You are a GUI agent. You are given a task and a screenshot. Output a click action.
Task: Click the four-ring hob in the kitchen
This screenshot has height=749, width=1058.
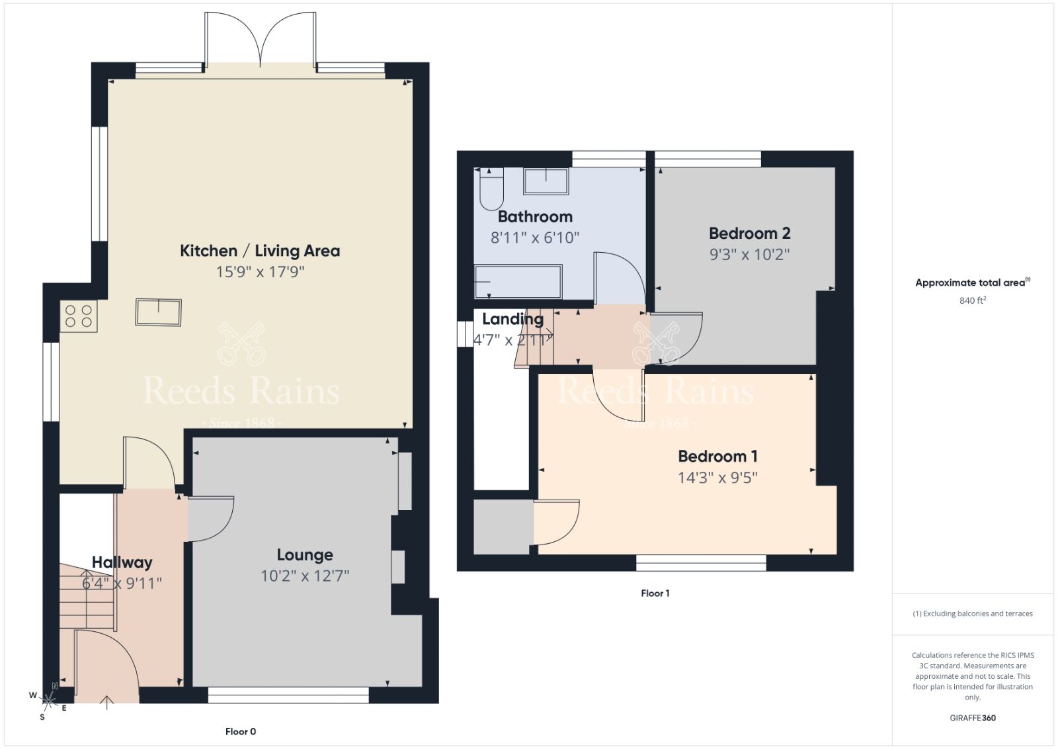[x=79, y=316]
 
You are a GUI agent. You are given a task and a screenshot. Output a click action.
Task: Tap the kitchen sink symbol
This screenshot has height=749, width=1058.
[x=158, y=312]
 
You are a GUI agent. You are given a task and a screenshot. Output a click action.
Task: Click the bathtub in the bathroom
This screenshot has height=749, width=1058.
[x=518, y=281]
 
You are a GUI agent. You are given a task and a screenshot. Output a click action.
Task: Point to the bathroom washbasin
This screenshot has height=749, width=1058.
[x=546, y=181]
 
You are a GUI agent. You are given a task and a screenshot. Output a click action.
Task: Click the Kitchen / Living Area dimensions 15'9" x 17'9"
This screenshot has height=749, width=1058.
[x=260, y=272]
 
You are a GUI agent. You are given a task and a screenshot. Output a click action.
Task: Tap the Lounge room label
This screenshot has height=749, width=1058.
[x=305, y=555]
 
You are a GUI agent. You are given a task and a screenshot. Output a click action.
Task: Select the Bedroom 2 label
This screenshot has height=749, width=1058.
[x=749, y=234]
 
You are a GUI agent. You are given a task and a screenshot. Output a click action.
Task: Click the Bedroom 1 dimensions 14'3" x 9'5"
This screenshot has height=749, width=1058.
[x=717, y=478]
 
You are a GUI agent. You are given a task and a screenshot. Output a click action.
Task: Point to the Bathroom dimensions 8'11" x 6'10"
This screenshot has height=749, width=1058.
[x=535, y=238]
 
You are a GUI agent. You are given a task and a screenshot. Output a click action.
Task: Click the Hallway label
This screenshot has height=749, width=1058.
[x=122, y=562]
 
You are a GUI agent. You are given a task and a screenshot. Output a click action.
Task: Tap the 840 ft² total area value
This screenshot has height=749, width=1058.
[x=973, y=300]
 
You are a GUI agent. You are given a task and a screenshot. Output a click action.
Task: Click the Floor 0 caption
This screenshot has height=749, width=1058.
[x=241, y=731]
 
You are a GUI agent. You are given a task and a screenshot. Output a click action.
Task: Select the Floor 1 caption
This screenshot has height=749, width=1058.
[x=655, y=593]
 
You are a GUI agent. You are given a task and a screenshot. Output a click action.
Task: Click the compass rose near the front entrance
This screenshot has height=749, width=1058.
[x=49, y=698]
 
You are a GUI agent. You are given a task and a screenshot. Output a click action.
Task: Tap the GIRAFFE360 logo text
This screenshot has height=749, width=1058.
[x=973, y=718]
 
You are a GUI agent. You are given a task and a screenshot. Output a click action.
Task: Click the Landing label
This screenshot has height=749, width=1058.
[x=512, y=319]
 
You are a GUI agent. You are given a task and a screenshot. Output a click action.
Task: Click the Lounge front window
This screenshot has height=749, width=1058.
[x=288, y=695]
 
